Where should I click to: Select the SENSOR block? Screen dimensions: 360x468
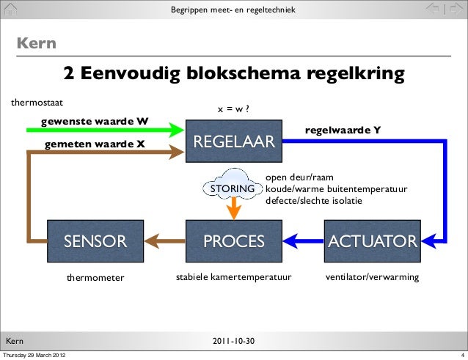point(95,240)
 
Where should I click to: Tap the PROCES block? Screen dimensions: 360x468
point(233,240)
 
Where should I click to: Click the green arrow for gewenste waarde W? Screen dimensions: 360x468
point(103,130)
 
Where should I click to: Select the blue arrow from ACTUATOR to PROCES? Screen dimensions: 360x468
point(304,240)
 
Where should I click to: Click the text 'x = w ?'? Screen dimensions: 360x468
point(235,109)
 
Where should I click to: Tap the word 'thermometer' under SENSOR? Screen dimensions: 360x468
point(95,278)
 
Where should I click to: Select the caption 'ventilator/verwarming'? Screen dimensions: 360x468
point(372,278)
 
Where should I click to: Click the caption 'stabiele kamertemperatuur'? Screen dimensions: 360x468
point(233,278)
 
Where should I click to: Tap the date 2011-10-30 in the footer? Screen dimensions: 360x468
point(233,342)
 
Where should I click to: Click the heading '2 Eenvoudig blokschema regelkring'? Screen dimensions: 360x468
point(234,75)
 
